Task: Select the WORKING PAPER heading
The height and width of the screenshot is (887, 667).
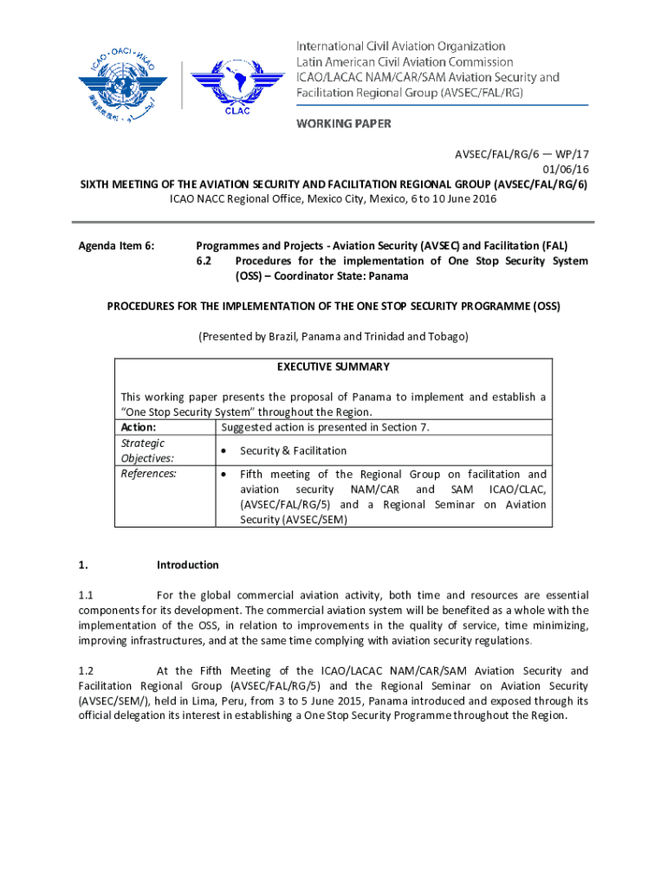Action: coord(344,124)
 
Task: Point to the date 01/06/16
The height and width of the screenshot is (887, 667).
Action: coord(566,169)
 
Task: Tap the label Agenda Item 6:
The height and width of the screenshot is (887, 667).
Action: coord(116,246)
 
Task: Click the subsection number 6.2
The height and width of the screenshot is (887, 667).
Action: coord(204,261)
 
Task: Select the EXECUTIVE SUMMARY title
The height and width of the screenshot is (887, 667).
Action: coord(333,367)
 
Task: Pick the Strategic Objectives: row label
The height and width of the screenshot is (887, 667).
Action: coord(147,450)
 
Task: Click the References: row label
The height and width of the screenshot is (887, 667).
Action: coord(148,474)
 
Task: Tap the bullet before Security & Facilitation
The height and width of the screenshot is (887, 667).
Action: coord(224,451)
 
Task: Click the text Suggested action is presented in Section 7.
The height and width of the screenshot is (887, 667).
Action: coord(325,427)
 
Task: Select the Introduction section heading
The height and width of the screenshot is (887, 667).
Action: coord(187,565)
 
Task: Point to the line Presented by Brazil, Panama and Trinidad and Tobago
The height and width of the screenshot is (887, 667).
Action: coord(333,336)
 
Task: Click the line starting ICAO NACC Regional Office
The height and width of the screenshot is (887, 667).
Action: coord(333,199)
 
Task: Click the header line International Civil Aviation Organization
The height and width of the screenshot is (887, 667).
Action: coord(401,46)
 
